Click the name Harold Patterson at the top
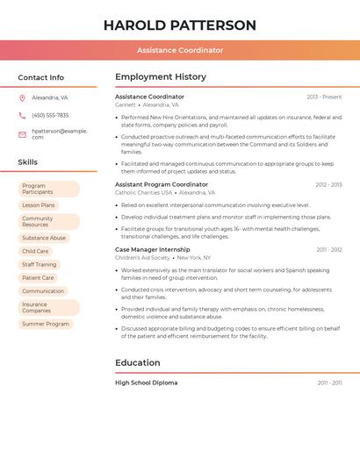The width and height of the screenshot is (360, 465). (x=180, y=25)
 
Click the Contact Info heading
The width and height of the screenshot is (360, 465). (x=41, y=77)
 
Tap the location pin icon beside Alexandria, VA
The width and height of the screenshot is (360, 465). (x=22, y=98)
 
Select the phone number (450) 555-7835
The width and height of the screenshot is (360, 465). (x=50, y=115)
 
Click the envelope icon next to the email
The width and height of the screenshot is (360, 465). (x=22, y=134)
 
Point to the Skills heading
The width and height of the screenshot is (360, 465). (x=28, y=162)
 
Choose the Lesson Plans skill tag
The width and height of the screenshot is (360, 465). (x=39, y=205)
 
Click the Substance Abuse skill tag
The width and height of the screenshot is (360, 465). (x=44, y=238)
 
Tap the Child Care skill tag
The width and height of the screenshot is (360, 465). (x=35, y=251)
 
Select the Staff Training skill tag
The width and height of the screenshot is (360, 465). (x=40, y=264)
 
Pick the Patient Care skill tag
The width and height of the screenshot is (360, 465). (x=38, y=277)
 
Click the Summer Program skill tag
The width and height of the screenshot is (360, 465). (x=46, y=324)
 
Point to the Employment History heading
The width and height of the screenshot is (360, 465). (x=161, y=77)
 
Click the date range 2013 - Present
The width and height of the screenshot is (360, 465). (x=324, y=97)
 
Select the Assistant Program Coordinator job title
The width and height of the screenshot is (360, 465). (x=162, y=184)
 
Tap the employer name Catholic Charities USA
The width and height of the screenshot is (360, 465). (x=144, y=192)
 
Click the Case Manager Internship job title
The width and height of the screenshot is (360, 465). (x=153, y=249)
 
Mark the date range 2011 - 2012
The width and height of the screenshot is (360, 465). (x=329, y=250)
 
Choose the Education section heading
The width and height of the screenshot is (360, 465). (x=137, y=362)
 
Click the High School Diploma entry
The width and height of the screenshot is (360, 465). (x=147, y=383)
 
